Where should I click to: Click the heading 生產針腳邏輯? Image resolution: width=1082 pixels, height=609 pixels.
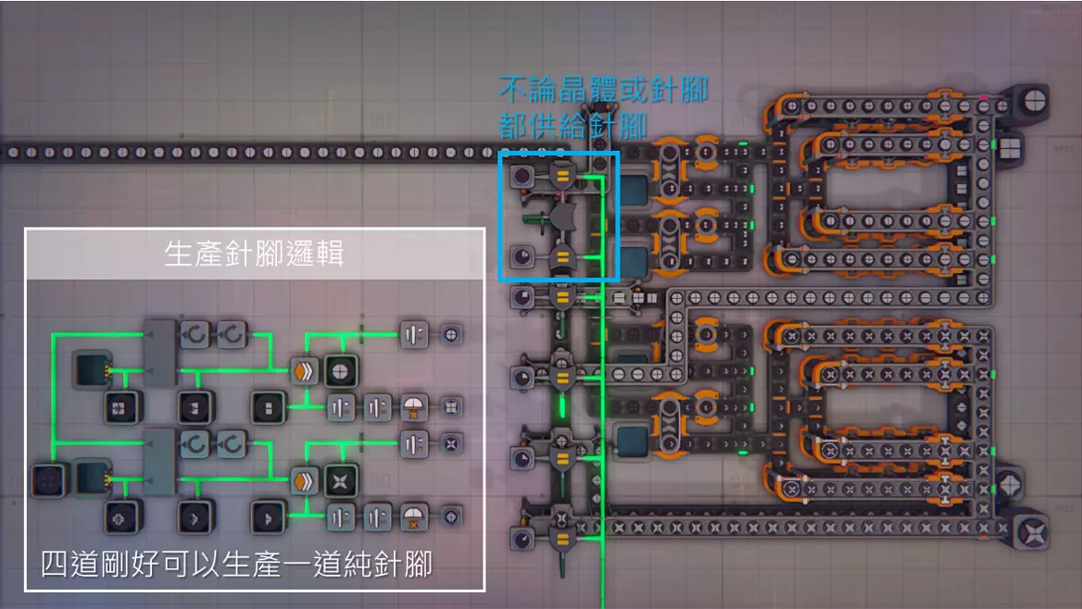click(254, 255)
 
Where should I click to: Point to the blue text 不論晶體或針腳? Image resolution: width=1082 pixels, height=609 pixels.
click(603, 91)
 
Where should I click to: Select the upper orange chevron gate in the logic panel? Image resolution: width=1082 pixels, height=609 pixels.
click(304, 370)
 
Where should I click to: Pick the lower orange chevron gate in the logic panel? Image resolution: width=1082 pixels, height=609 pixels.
click(304, 480)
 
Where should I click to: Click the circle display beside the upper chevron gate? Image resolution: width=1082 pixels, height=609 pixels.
click(340, 370)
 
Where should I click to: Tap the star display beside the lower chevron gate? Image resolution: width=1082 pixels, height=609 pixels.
click(340, 480)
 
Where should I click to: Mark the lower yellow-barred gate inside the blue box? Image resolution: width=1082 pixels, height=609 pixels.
click(561, 260)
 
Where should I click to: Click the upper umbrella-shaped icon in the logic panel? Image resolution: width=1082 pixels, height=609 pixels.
click(413, 407)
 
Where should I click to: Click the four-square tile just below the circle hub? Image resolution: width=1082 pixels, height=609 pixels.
click(1009, 147)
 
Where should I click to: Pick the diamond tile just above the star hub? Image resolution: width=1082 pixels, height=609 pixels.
click(1009, 484)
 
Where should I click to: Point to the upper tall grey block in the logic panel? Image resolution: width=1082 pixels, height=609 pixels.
click(160, 352)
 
